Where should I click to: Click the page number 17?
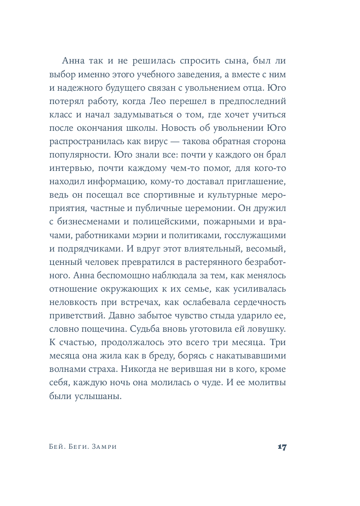tap(282, 447)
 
